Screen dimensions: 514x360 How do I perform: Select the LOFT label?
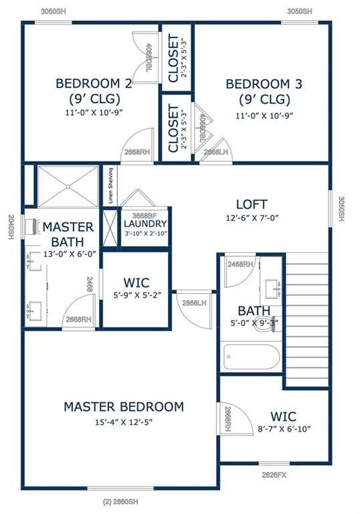click(x=252, y=204)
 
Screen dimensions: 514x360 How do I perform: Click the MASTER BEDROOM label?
click(x=123, y=406)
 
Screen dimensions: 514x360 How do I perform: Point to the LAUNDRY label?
click(x=145, y=224)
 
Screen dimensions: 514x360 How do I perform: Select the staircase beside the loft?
click(x=307, y=320)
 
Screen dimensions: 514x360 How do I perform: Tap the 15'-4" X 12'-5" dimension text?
click(x=123, y=422)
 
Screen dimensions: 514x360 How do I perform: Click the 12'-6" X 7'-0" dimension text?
click(x=252, y=218)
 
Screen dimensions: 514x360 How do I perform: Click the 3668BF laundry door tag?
click(x=145, y=215)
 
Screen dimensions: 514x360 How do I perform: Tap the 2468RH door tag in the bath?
click(x=240, y=264)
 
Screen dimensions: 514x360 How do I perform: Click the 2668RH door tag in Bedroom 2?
click(x=136, y=152)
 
